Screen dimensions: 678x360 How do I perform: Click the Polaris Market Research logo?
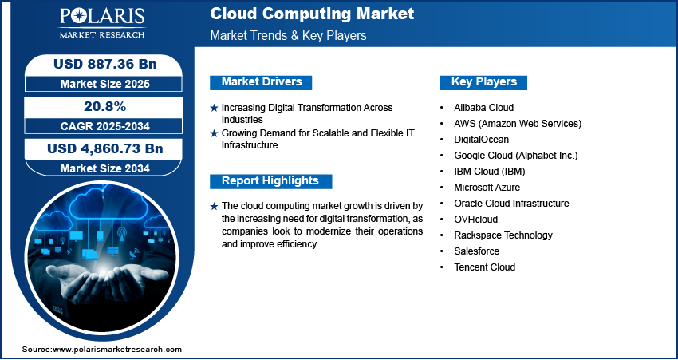point(102,23)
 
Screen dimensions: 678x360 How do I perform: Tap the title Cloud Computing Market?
point(312,14)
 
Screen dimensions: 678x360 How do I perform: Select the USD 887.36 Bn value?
point(104,64)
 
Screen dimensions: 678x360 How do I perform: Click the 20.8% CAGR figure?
point(104,106)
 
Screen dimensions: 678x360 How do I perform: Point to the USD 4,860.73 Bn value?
point(105,148)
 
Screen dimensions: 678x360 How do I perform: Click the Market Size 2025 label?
point(105,84)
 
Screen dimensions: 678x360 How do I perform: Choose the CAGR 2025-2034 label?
point(105,126)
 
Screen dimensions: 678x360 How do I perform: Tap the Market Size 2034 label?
point(105,168)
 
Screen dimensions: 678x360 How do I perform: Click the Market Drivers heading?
point(262,81)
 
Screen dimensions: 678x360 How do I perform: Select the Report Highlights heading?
point(270,181)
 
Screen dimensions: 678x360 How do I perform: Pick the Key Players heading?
point(484,81)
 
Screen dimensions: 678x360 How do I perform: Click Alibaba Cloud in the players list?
point(484,107)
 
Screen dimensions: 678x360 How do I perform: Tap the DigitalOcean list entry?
point(481,140)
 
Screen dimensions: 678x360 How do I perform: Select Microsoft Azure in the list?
point(487,188)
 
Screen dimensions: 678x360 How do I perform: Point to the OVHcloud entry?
point(475,220)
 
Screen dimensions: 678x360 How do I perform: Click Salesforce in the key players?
point(476,251)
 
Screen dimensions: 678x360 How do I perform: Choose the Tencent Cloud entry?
point(485,267)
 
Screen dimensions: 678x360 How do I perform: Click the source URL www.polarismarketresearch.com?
point(116,350)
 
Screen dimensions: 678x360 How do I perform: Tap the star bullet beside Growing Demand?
point(214,133)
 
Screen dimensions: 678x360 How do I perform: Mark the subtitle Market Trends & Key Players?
point(289,35)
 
